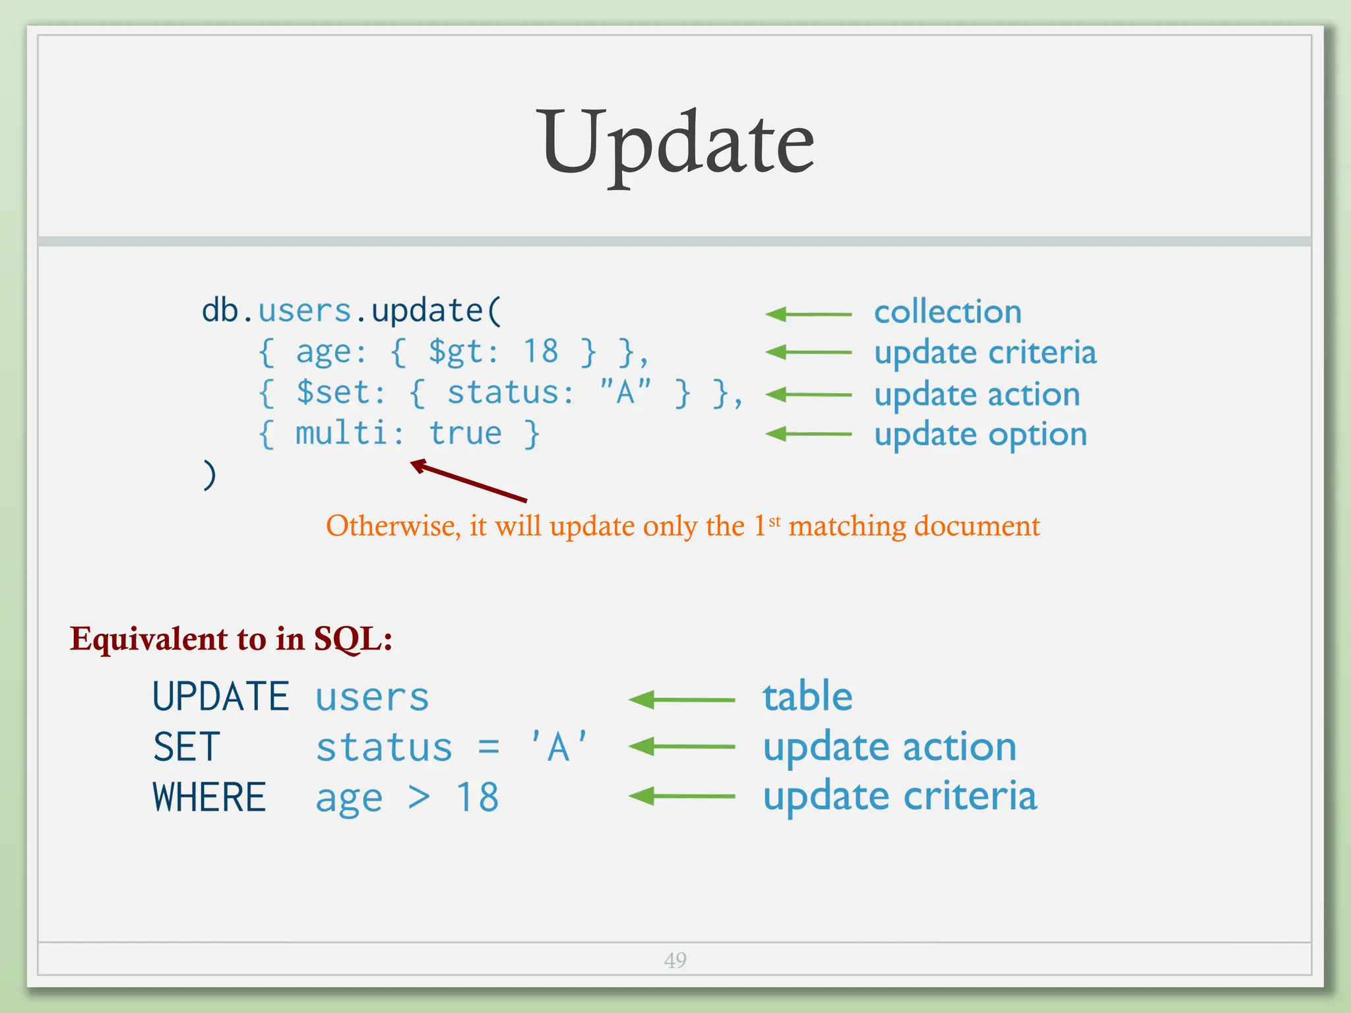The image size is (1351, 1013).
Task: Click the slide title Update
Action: pyautogui.click(x=677, y=144)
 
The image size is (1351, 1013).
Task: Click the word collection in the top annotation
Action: pyautogui.click(x=947, y=312)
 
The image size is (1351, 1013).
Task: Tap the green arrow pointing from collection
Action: pyautogui.click(x=808, y=315)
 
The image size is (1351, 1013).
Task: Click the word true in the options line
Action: pyautogui.click(x=465, y=434)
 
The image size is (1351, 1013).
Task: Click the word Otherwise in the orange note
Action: pyautogui.click(x=393, y=526)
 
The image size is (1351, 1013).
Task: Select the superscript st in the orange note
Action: pyautogui.click(x=774, y=521)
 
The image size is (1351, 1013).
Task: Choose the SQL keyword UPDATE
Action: pyautogui.click(x=221, y=697)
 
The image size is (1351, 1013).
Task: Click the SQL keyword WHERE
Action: pyautogui.click(x=209, y=798)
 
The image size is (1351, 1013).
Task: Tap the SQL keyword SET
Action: pyautogui.click(x=186, y=747)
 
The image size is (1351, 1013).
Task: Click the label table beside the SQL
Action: pyautogui.click(x=807, y=697)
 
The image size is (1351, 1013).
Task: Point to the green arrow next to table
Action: pyautogui.click(x=681, y=700)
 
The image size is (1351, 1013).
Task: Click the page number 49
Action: pyautogui.click(x=675, y=960)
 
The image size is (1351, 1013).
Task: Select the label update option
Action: pyautogui.click(x=980, y=435)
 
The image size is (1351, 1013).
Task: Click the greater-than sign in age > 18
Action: pyautogui.click(x=419, y=798)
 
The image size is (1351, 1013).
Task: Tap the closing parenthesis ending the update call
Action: pyautogui.click(x=209, y=475)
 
